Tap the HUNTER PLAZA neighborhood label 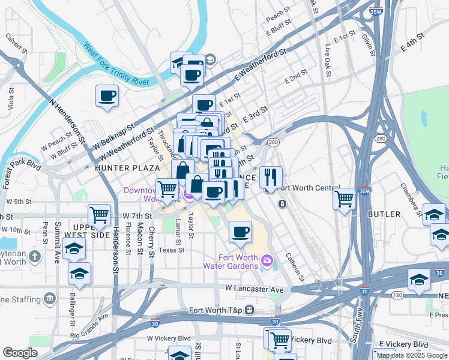127,169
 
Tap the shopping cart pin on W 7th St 100,214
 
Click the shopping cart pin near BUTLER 344,198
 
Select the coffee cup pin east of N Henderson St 107,95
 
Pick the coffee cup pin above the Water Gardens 240,232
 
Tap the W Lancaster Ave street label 255,289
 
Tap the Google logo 20,352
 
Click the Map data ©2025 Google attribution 412,355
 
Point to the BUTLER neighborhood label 385,214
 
